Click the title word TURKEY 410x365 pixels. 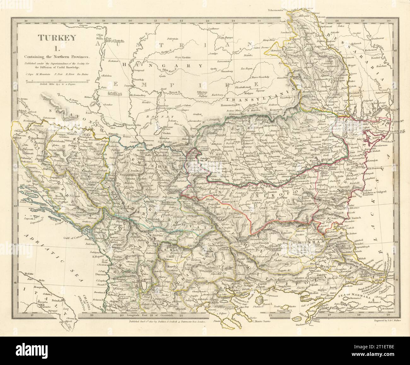57,38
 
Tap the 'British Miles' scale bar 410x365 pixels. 57,82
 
